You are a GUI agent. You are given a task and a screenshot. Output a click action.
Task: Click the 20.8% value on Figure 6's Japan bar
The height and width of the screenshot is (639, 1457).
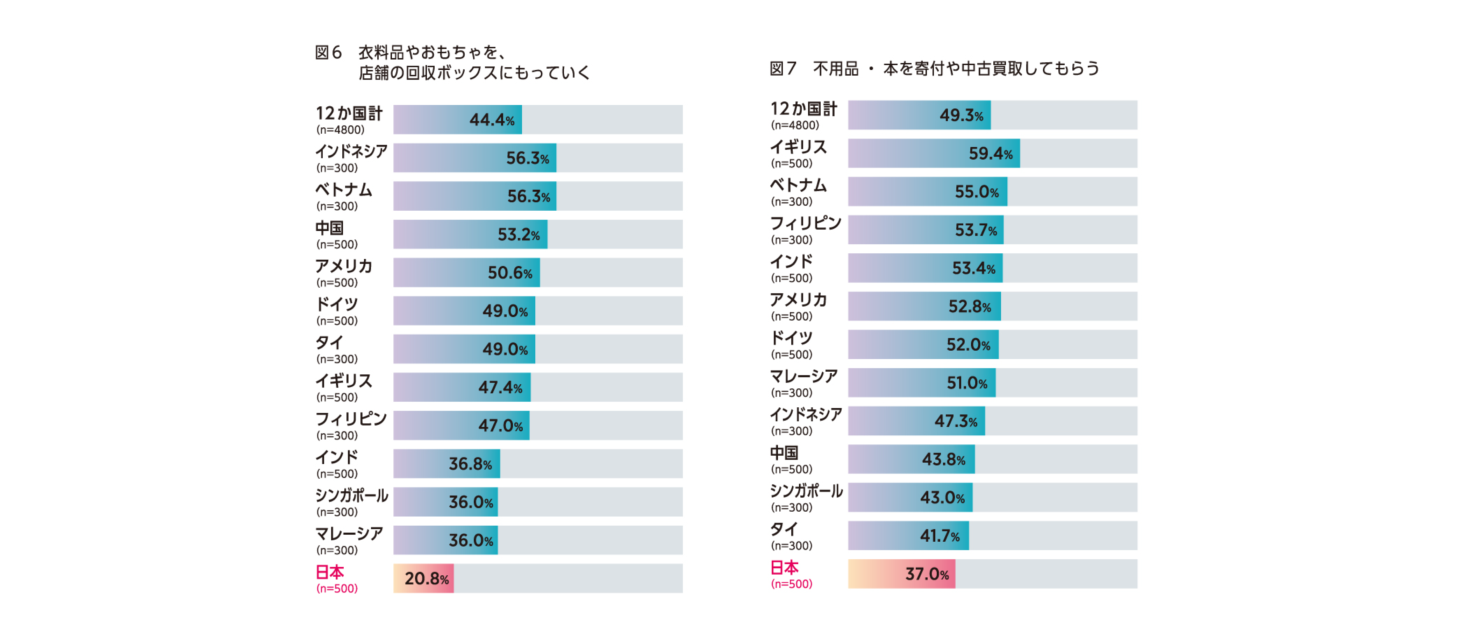click(x=427, y=578)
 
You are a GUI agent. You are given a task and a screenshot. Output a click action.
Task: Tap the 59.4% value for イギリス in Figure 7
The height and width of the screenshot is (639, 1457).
click(x=990, y=153)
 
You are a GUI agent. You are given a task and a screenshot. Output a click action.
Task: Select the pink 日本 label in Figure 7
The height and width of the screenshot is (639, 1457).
click(x=785, y=567)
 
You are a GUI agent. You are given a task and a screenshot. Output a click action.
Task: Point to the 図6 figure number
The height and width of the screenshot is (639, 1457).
click(x=328, y=52)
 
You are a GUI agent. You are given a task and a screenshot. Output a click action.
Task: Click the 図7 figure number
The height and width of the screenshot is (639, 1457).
click(x=783, y=69)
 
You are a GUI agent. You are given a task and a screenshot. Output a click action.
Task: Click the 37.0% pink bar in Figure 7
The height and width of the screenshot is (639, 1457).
click(x=901, y=574)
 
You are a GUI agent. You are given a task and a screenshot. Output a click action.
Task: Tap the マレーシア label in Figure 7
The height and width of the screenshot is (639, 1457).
click(x=803, y=376)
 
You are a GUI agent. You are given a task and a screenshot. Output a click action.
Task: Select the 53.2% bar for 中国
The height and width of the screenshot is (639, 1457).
click(x=470, y=234)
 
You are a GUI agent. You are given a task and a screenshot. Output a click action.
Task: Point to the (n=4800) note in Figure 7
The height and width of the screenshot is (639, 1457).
click(x=795, y=125)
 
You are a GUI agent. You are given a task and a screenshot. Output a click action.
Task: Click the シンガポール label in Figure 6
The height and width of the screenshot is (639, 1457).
click(x=351, y=495)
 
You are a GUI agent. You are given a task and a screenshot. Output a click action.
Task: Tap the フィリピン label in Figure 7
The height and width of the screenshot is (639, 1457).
click(x=805, y=223)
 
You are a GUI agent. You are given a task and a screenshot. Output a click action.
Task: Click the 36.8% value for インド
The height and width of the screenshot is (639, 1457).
click(x=470, y=464)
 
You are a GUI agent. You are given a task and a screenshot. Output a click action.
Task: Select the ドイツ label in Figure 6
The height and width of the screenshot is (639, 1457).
click(x=336, y=304)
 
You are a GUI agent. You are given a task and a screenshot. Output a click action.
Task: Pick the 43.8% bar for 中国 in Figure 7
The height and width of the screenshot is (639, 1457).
click(x=911, y=459)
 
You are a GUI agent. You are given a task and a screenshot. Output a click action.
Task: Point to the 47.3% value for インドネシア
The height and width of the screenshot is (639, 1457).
click(x=955, y=421)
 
